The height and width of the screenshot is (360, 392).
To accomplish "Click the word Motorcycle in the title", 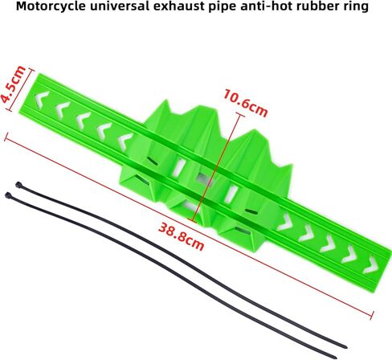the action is (x=51, y=6).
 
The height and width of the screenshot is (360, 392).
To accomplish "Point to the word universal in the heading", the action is (x=120, y=6).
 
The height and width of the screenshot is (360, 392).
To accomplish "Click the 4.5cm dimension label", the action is (x=13, y=84).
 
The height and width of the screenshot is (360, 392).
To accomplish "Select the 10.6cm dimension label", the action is (x=245, y=103).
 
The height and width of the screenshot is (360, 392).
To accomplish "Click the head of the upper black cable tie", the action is (x=18, y=185).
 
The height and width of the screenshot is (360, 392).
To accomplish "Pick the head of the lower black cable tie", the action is (x=8, y=195).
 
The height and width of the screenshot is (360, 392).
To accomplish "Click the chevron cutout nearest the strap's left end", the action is (x=43, y=100).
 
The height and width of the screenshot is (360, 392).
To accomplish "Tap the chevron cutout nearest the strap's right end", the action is (x=371, y=264).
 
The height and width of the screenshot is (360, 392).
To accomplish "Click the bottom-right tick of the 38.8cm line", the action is (x=373, y=316).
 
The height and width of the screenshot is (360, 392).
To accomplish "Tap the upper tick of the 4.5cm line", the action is (x=31, y=70).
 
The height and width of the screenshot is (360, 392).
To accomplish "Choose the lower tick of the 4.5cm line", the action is (x=10, y=109).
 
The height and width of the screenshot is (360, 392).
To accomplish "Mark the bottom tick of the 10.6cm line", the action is (x=192, y=220).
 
